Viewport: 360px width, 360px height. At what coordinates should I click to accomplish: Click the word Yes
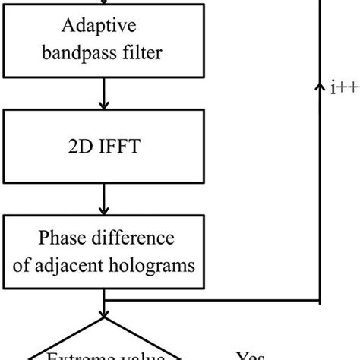pyautogui.click(x=250, y=353)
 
